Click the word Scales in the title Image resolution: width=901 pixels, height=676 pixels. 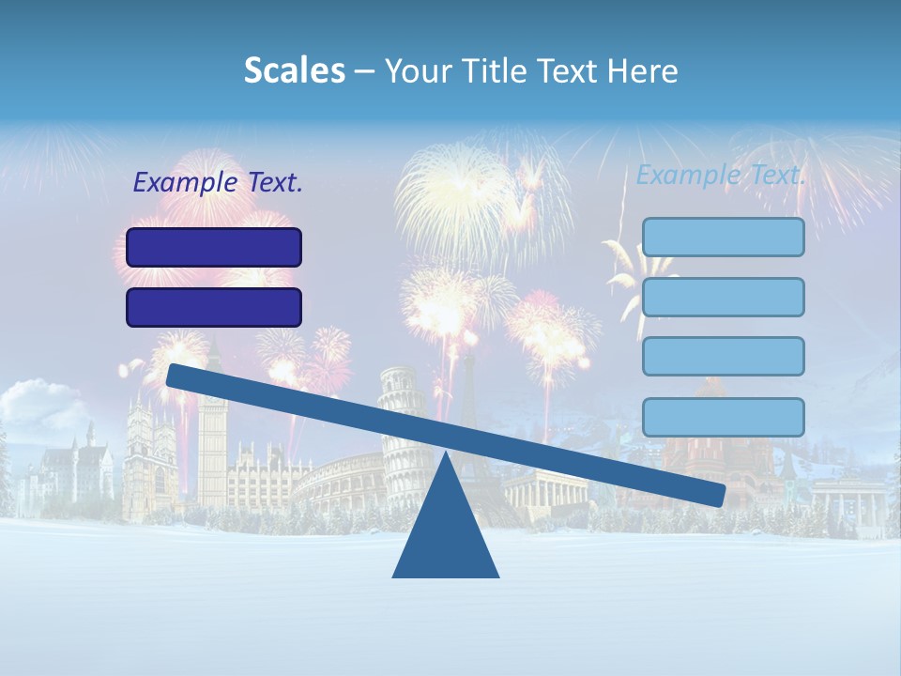point(294,70)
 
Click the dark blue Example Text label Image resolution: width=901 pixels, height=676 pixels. point(218,183)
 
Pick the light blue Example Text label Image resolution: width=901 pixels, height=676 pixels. point(721,175)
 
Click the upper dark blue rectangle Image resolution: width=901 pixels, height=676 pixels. point(214,247)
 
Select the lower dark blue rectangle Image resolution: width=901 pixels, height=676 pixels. point(214,307)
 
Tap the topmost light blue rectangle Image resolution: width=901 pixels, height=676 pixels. point(723,237)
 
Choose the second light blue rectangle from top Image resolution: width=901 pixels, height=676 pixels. point(723,297)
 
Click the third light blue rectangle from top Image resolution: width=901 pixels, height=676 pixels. point(723,356)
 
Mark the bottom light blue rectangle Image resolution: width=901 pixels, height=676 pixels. point(723,417)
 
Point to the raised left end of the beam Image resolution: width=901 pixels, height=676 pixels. point(176,375)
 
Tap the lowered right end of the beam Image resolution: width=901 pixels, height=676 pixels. point(715,494)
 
